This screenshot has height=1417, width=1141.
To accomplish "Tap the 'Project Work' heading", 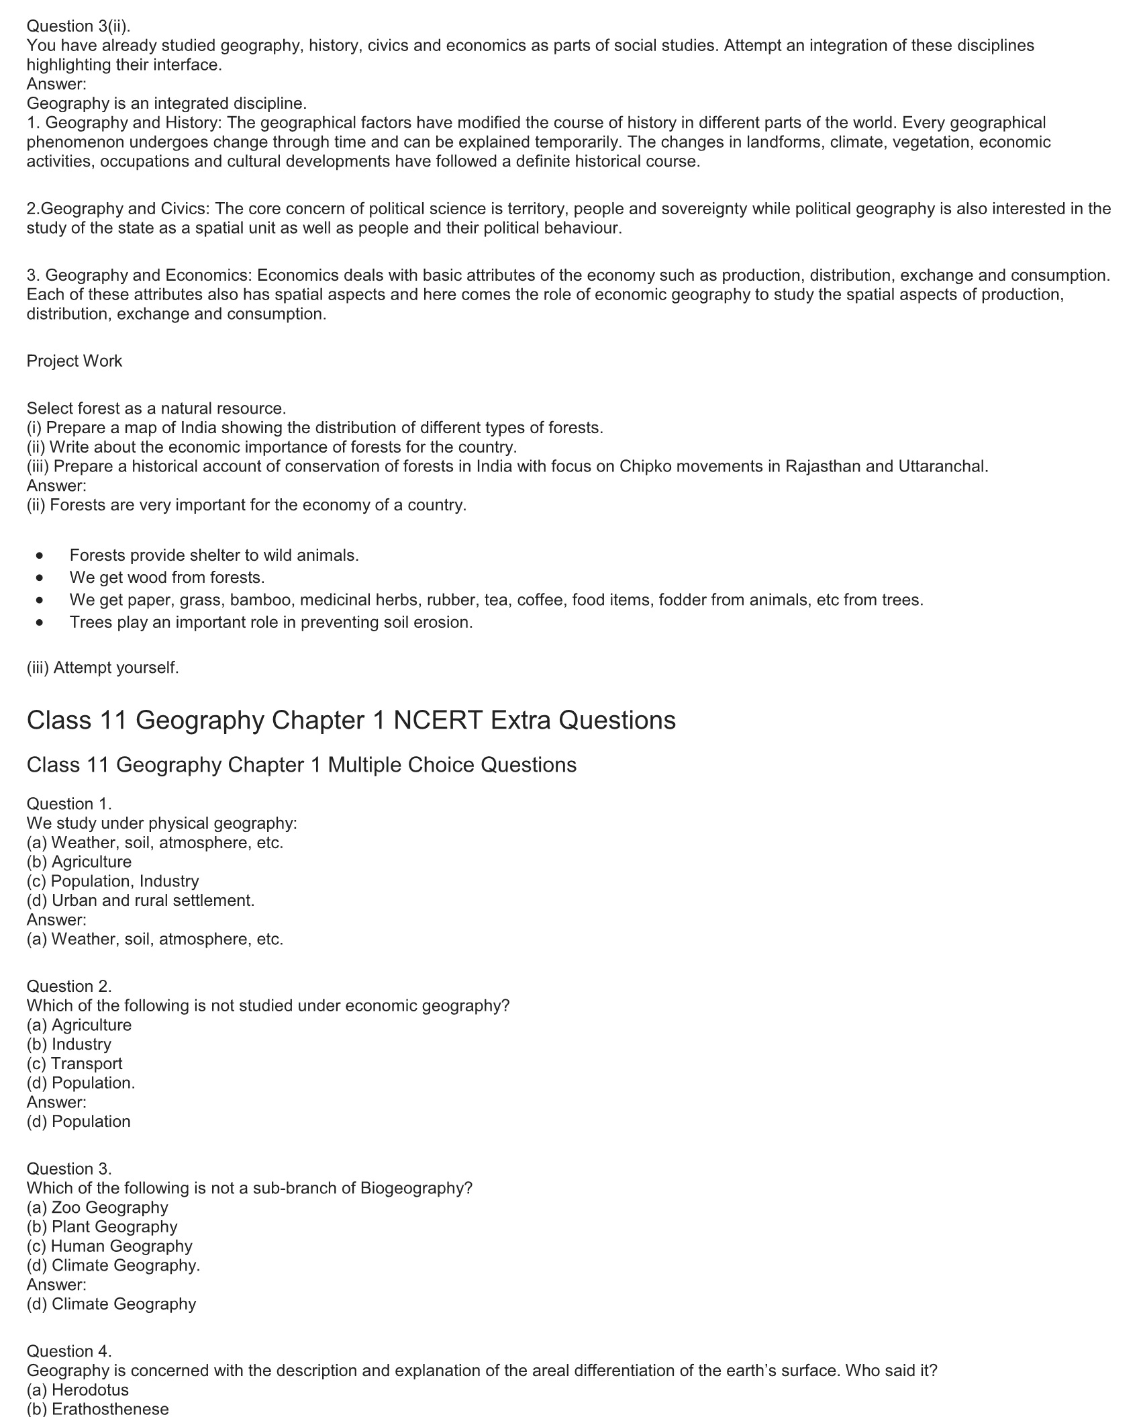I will pyautogui.click(x=75, y=361).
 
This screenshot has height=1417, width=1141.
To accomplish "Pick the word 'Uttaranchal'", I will pyautogui.click(x=942, y=466).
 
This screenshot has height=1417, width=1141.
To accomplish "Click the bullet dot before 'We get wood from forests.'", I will pyautogui.click(x=42, y=578).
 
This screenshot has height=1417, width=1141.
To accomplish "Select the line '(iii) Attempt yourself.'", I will pyautogui.click(x=103, y=668).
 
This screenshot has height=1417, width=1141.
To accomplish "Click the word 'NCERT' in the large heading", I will pyautogui.click(x=438, y=720).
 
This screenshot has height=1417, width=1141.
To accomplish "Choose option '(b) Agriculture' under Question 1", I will pyautogui.click(x=79, y=862).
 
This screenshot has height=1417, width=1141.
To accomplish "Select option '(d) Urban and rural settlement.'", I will pyautogui.click(x=141, y=900).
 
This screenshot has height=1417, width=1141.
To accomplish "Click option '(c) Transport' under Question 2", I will pyautogui.click(x=75, y=1063).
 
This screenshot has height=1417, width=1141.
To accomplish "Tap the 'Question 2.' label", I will pyautogui.click(x=69, y=986).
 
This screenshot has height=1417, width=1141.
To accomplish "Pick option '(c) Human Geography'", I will pyautogui.click(x=109, y=1246).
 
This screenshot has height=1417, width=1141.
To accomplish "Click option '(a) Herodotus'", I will pyautogui.click(x=78, y=1389).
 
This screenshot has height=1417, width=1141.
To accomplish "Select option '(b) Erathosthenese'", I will pyautogui.click(x=98, y=1408).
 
